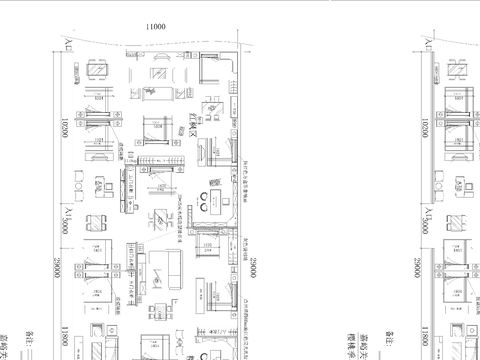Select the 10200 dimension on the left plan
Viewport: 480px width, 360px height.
(x=62, y=129)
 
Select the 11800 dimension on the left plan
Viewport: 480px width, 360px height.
(x=62, y=337)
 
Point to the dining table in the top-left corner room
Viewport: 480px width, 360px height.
(x=97, y=71)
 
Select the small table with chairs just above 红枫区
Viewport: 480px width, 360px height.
(x=212, y=108)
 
